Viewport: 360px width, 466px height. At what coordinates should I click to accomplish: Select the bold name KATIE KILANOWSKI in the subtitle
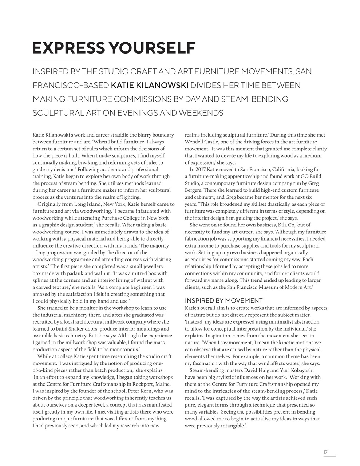pos(149,85)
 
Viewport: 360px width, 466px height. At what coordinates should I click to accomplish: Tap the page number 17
pos(325,452)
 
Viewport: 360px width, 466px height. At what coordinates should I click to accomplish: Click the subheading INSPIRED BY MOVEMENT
pos(223,300)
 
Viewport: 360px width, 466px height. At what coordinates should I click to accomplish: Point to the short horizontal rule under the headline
pos(58,60)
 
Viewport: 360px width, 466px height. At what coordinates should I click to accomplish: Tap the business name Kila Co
pos(277,225)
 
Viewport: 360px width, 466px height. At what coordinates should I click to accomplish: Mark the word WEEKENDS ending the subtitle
pos(200,113)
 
